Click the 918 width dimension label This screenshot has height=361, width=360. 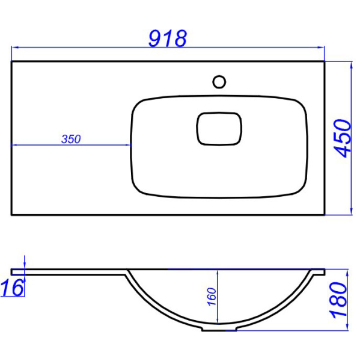pos(168,39)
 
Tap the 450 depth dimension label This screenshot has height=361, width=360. pos(343,138)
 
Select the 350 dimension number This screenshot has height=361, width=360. pos(71,139)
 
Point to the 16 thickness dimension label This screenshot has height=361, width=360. pos(12,288)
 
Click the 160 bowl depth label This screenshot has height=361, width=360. pos(212,297)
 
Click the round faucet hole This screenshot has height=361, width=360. pos(219,82)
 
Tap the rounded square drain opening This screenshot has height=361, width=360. pos(219,129)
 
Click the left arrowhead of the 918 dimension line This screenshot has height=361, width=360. pos(14,48)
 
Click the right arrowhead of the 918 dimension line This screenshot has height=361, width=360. pos(321,48)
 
